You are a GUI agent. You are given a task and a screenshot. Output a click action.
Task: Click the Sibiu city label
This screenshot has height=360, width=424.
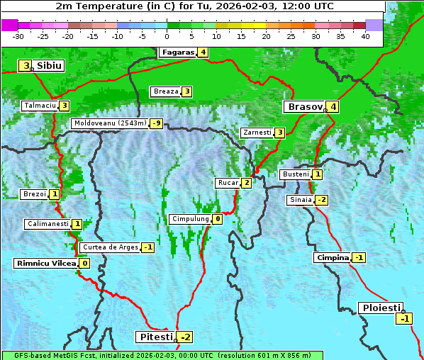coord(49,66)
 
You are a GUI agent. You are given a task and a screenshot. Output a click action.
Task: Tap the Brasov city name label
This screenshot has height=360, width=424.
coord(304,107)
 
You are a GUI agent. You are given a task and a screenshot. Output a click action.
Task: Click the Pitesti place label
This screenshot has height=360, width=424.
coord(155,336)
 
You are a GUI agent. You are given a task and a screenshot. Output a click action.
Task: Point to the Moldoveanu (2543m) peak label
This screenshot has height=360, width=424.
coord(110,123)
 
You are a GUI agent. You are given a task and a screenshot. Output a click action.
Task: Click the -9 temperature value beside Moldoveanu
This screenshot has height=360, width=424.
coord(156,123)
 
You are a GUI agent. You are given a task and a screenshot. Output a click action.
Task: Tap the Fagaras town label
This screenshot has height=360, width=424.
coord(177,52)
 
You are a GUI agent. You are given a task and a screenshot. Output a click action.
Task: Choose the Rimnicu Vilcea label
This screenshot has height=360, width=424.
coord(45,263)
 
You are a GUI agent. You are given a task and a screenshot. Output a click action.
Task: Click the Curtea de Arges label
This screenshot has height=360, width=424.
coord(109,247)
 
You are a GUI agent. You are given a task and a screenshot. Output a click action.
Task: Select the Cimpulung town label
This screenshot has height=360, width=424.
coord(190,219)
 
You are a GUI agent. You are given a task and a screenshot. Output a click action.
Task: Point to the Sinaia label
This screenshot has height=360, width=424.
coord(300,200)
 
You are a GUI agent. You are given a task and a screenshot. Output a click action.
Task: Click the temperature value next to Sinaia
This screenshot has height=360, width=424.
coord(321,200)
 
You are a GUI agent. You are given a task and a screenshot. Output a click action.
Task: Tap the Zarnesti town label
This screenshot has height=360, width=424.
coord(257,133)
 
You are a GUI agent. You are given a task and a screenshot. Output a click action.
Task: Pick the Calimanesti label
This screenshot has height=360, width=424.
coord(48,224)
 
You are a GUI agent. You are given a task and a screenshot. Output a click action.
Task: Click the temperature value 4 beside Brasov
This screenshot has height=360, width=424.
coord(333,107)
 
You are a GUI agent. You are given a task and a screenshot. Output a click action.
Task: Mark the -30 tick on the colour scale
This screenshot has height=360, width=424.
coord(18,36)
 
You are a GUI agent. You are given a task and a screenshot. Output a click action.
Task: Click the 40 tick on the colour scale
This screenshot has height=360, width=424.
coord(365,36)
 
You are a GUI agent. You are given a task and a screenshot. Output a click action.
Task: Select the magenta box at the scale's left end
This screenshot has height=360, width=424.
coord(9,25)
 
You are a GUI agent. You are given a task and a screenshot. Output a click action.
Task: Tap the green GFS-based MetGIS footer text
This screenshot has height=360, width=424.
coord(162,355)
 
